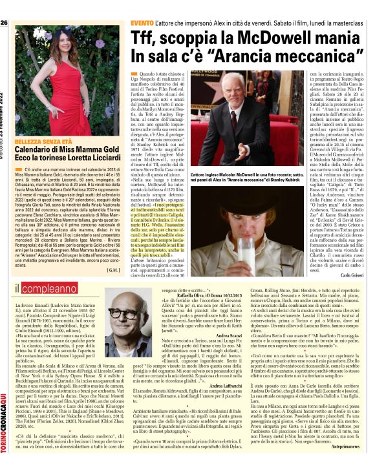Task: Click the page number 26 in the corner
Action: tap(5, 6)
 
